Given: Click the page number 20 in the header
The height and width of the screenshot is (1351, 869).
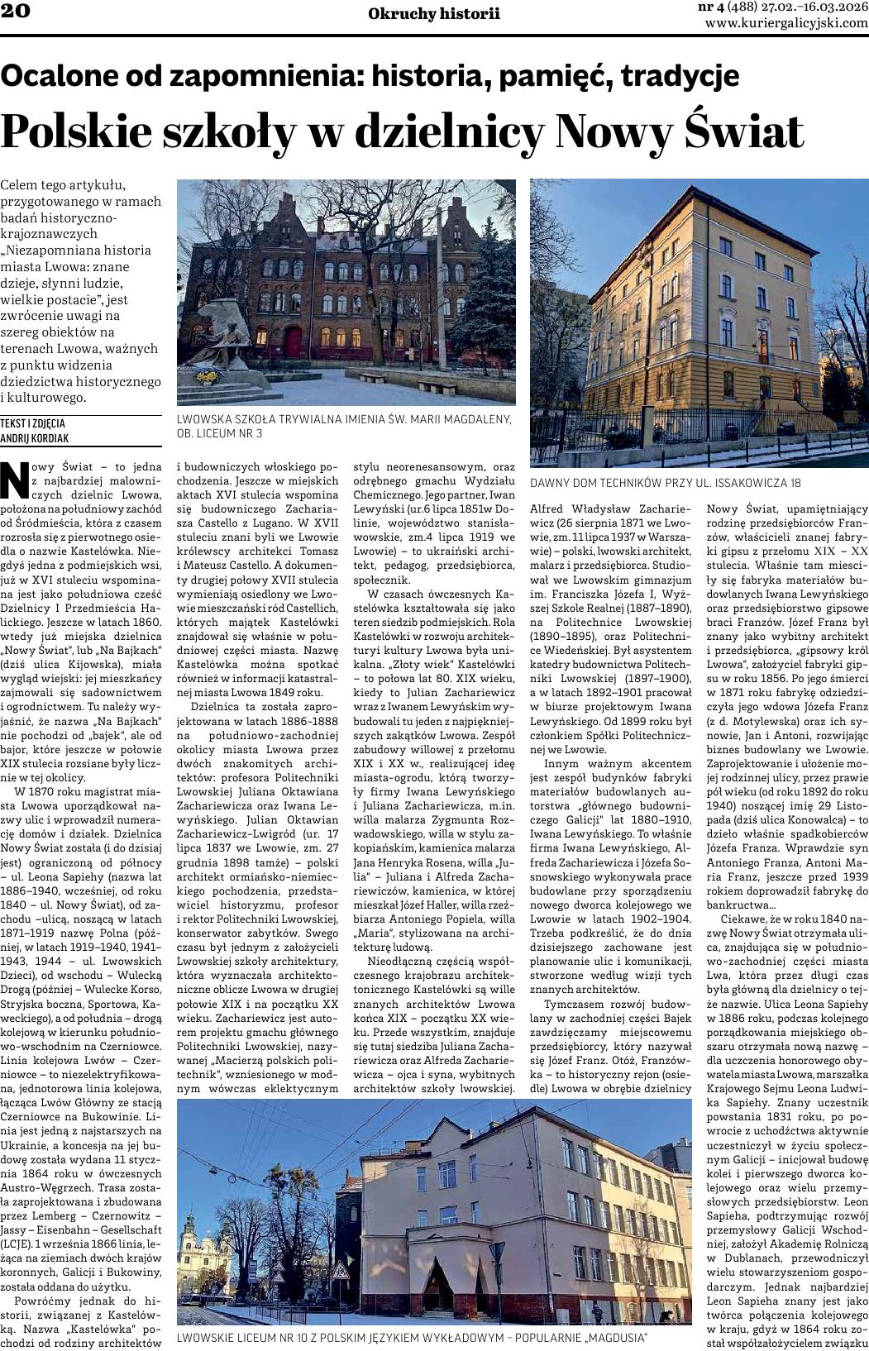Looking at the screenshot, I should (x=16, y=11).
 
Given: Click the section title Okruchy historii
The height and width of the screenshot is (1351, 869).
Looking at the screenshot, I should (x=434, y=13).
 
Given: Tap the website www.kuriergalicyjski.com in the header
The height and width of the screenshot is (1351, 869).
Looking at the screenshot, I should (x=786, y=23).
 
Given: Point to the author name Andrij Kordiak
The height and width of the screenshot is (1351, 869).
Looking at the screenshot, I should (x=35, y=438).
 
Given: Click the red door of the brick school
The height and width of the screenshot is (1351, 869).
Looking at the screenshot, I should (x=294, y=341).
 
